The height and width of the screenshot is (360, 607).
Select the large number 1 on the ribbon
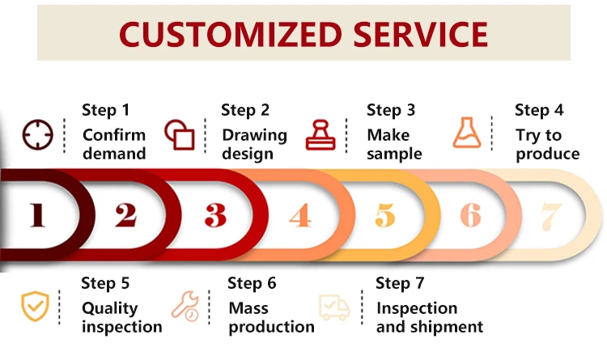point(36,214)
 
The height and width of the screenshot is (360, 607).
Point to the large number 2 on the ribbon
point(125,214)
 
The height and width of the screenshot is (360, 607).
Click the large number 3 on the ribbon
point(214,214)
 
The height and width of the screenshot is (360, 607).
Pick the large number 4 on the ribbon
point(300,215)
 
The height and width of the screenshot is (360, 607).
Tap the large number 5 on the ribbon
point(385,215)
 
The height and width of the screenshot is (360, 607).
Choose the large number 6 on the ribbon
point(470,215)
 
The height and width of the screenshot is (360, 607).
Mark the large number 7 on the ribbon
point(551,215)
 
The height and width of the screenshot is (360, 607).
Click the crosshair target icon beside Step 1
point(36,134)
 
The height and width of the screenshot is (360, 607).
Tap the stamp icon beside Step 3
point(320,134)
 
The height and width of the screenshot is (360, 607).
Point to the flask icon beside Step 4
point(467,133)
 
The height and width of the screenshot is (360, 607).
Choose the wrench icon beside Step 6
point(185,306)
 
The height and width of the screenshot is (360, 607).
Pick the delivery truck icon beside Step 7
point(334,307)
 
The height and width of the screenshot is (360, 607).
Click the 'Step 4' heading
point(539,110)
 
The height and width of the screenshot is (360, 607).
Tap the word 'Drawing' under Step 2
point(254,134)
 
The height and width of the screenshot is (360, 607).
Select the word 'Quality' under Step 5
point(109,308)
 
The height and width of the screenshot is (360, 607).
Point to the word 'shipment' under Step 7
point(447,327)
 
